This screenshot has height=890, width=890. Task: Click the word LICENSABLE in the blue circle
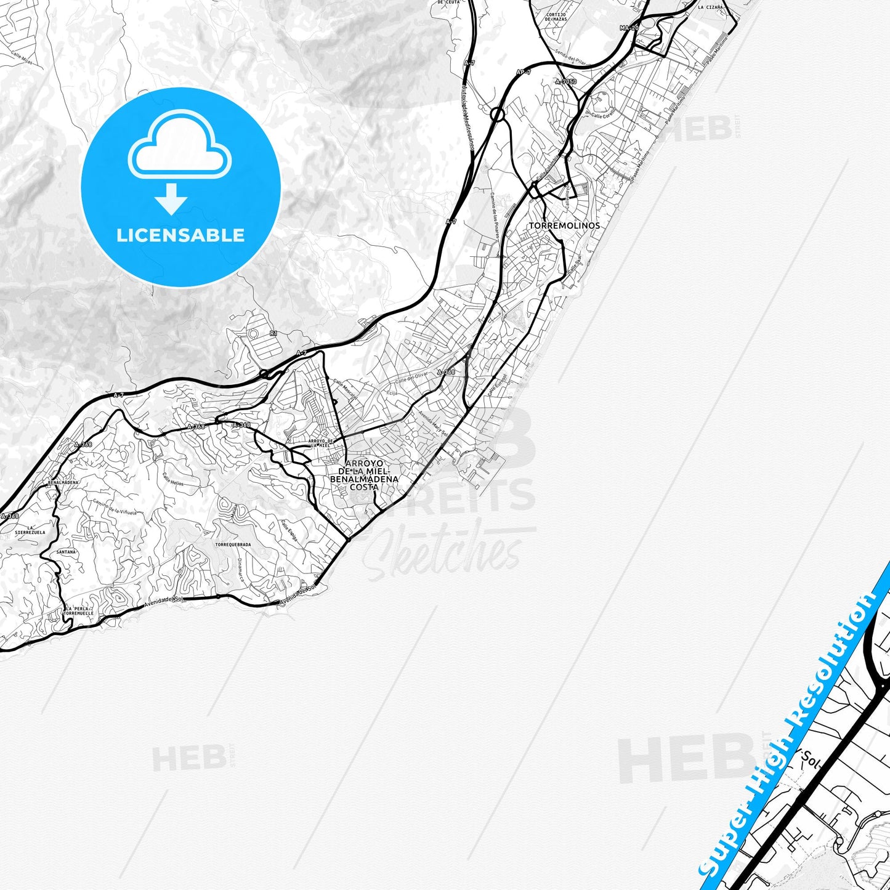point(180,235)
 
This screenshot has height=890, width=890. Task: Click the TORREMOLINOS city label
point(564,226)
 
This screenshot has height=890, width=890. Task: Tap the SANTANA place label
point(66,552)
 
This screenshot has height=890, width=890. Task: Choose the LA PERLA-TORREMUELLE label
point(79,612)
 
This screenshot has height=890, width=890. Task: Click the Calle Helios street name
point(173,480)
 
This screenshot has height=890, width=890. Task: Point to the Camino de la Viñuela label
point(114,506)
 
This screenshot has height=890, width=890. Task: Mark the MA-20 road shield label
point(629,28)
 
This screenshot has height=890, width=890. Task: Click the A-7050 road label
point(565,81)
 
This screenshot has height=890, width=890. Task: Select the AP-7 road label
point(523,72)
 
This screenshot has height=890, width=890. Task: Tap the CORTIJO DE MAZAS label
point(556,17)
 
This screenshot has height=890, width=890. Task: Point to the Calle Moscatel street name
point(345,389)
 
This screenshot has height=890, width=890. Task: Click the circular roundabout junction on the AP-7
point(498,114)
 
